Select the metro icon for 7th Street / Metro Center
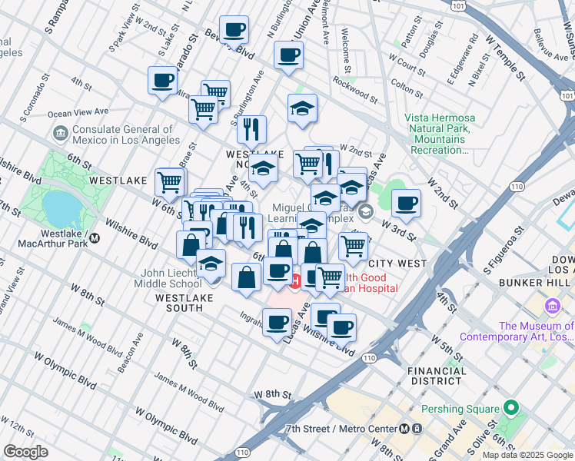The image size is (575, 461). tap(404, 429)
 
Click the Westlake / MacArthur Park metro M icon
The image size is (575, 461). tap(95, 238)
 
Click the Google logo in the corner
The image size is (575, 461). tap(25, 452)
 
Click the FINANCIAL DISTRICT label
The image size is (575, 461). tap(437, 376)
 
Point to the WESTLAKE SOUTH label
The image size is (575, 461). tap(180, 303)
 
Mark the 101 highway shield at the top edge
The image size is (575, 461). tap(458, 5)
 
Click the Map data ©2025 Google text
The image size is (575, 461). tap(527, 454)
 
